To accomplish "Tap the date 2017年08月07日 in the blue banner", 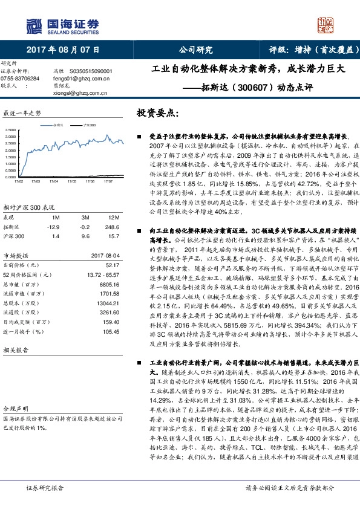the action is pyautogui.click(x=63, y=50).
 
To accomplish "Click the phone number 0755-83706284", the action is pyautogui.click(x=21, y=79).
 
